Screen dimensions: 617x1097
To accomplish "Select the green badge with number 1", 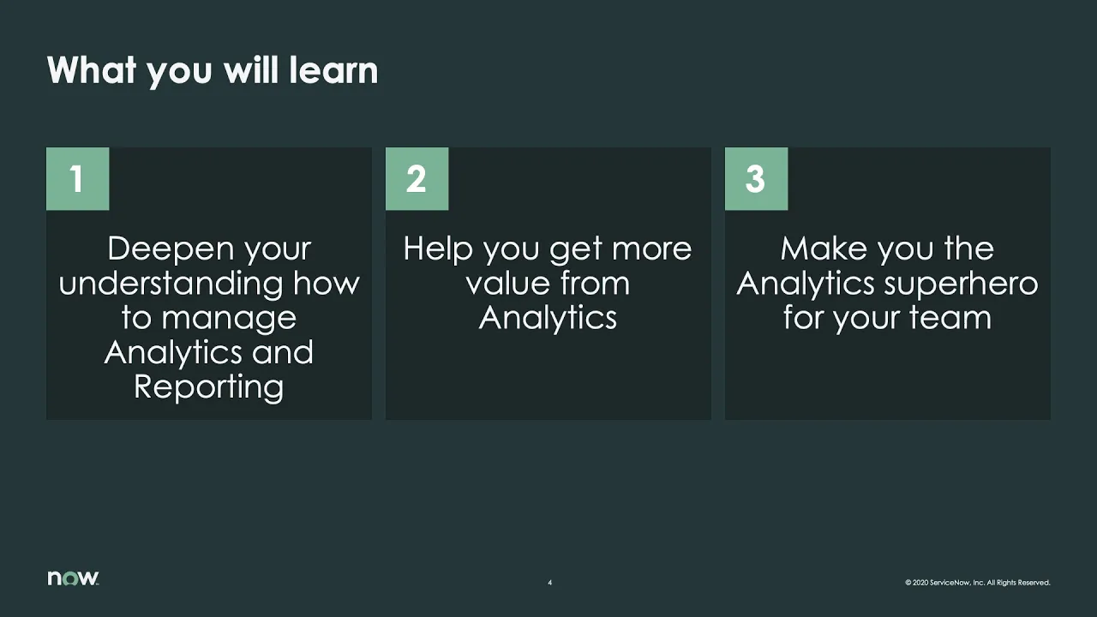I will (x=77, y=179).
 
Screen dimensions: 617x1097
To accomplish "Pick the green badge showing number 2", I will (x=417, y=179).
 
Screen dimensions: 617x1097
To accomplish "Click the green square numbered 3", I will (x=756, y=179).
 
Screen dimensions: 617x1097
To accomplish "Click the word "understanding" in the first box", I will (x=171, y=284).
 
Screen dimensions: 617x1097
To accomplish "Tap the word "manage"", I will (x=229, y=318).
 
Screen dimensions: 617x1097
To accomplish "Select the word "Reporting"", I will (x=208, y=386).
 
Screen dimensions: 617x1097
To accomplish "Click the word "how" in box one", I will (x=327, y=284).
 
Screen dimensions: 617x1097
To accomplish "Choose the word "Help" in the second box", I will (x=438, y=249).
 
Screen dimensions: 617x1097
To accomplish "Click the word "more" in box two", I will (x=650, y=249).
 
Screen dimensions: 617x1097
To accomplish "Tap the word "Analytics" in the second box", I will (x=548, y=318).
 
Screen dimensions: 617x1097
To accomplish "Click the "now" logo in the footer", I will (x=73, y=578).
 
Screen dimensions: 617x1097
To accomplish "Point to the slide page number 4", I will (x=549, y=583).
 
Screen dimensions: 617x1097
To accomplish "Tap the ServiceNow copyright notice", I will (x=977, y=583).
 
